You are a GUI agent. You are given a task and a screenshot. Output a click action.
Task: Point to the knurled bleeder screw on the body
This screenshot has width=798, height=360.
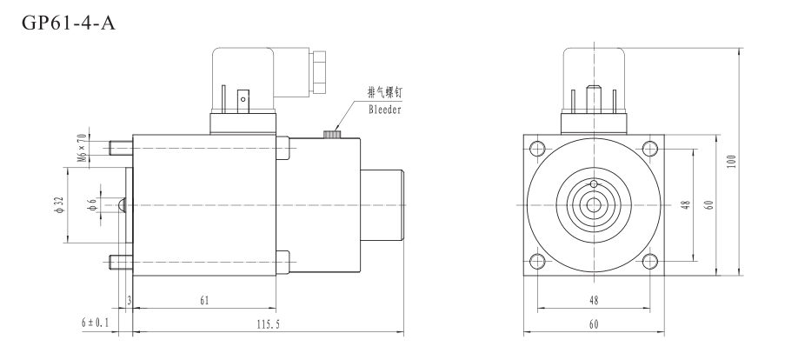tap(331, 134)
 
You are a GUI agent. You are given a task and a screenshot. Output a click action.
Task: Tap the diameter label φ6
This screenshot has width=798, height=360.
tap(92, 204)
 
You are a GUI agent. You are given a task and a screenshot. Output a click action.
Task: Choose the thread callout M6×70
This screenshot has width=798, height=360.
tap(82, 148)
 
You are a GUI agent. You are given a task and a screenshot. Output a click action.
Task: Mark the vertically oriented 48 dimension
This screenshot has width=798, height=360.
tap(685, 204)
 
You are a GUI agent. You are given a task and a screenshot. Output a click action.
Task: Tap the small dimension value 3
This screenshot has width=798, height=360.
tap(129, 300)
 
